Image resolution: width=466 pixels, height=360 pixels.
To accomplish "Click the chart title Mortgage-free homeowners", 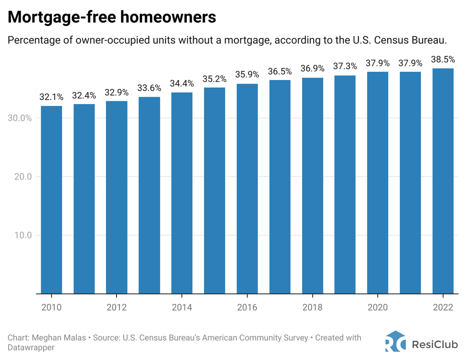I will point(112,18).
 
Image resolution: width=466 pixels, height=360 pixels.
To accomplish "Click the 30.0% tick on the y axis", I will point(19,118).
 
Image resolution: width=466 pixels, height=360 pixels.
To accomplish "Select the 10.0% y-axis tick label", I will point(19,235).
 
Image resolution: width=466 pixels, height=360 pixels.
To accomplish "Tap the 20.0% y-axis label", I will point(19,177).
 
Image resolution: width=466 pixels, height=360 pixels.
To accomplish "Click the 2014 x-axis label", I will point(182,308).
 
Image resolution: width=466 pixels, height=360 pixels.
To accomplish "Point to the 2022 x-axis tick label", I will point(443,308).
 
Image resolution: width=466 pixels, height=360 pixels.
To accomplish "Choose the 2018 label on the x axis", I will point(313,308).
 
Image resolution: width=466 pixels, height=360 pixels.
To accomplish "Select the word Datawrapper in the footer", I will point(31,348).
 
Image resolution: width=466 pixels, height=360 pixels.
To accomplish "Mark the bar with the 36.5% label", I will point(280,187).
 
